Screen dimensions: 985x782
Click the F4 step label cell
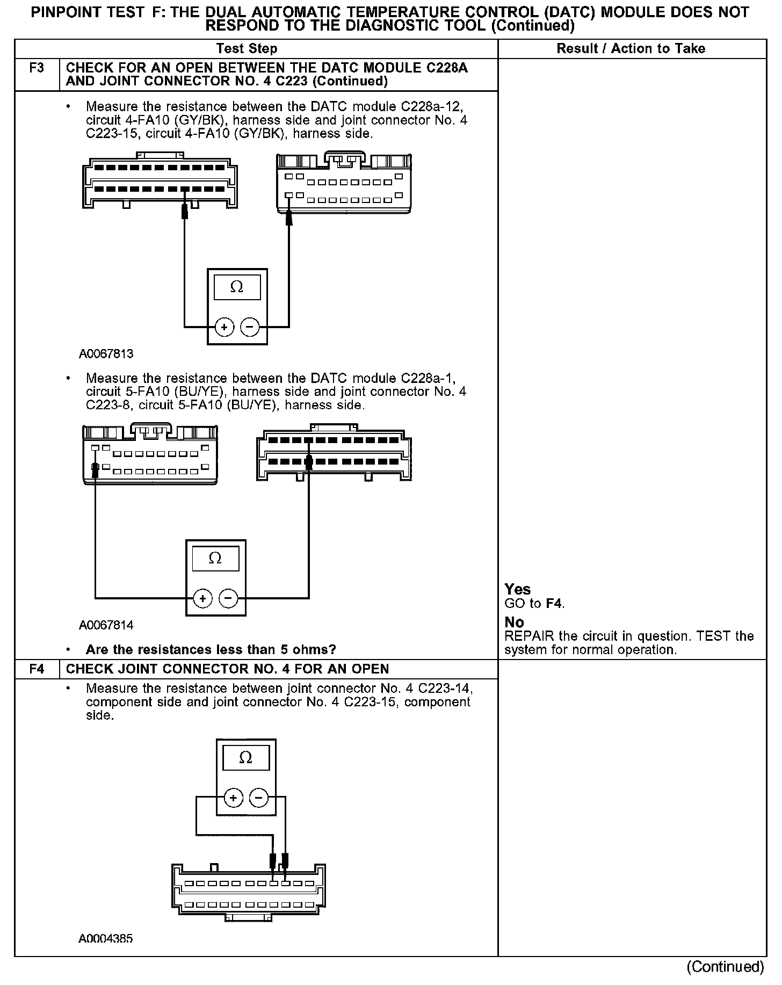point(37,669)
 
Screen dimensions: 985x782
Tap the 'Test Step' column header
point(247,49)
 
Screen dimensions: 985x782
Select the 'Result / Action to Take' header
point(631,49)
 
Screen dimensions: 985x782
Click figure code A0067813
point(106,354)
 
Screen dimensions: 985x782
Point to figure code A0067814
point(106,625)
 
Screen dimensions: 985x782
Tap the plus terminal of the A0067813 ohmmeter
point(225,327)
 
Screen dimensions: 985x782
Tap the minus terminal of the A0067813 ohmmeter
point(250,327)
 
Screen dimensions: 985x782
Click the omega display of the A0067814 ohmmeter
point(215,560)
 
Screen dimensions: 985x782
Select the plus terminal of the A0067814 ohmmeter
point(202,598)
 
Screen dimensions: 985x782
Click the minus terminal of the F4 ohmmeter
point(259,798)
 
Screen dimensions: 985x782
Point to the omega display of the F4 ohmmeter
point(245,758)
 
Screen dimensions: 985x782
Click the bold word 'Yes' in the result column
point(518,589)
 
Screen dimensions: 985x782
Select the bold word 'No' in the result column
point(514,622)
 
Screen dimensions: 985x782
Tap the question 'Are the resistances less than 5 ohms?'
point(211,650)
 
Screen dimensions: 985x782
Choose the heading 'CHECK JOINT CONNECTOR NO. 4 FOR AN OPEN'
point(227,669)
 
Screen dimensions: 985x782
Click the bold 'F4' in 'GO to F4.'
point(554,604)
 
